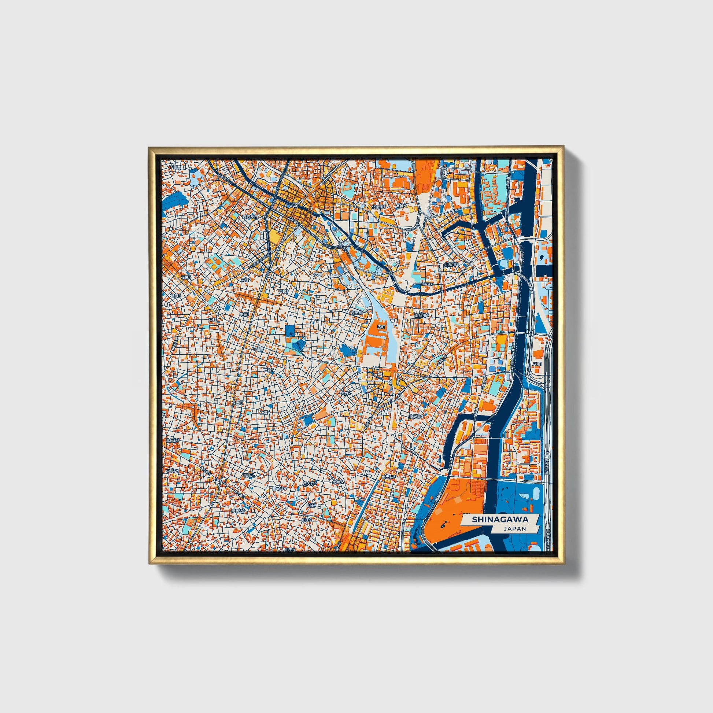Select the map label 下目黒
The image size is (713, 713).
176,167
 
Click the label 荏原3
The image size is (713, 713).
186,277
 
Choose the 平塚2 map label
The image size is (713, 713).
246,280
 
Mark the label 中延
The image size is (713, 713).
213,319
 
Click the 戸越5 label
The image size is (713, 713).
258,348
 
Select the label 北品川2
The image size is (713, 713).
451,265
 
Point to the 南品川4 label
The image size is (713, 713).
422,315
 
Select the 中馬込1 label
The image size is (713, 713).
172,471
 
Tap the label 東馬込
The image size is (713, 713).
248,476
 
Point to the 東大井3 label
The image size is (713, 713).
416,416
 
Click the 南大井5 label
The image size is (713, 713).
389,477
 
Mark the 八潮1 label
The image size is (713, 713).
536,364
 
